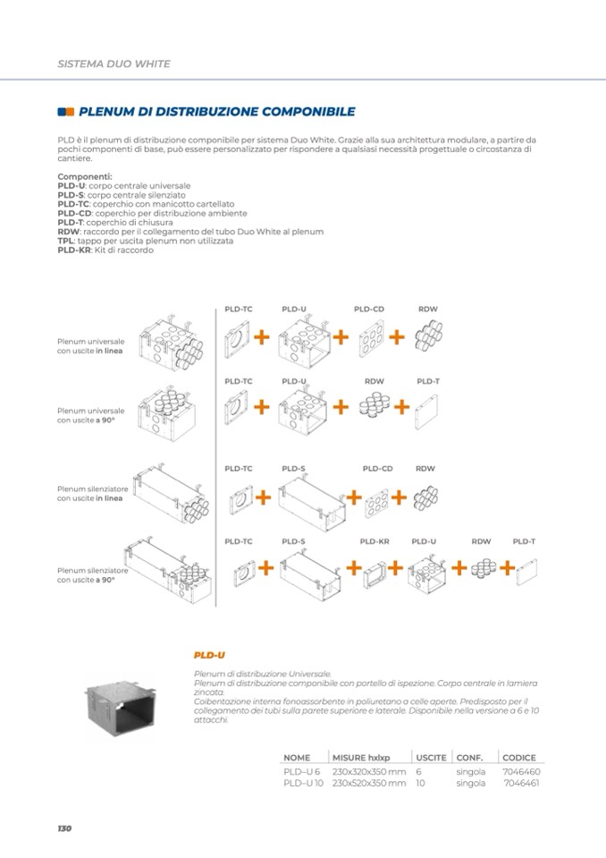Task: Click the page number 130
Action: tap(63, 828)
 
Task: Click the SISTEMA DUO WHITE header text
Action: tap(114, 64)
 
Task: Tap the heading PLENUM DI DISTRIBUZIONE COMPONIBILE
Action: tap(217, 112)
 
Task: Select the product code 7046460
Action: tap(521, 770)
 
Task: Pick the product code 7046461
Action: tap(522, 783)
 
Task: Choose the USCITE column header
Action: tap(431, 757)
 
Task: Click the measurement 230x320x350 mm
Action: tap(369, 770)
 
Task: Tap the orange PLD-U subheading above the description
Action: tap(209, 656)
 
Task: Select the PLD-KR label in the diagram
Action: tap(375, 541)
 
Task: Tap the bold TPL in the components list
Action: tap(65, 241)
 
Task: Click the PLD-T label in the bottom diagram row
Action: tap(524, 541)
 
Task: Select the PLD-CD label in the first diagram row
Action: tap(369, 309)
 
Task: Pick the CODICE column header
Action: tap(519, 757)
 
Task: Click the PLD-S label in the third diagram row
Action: tap(293, 468)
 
